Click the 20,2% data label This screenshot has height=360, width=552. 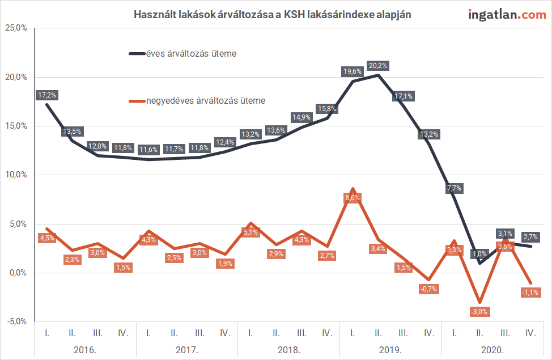pyautogui.click(x=377, y=66)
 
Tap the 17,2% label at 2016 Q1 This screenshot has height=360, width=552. pyautogui.click(x=46, y=95)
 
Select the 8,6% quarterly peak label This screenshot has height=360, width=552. pyautogui.click(x=353, y=197)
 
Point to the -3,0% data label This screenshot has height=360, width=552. pyautogui.click(x=479, y=311)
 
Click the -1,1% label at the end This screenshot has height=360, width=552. pyautogui.click(x=530, y=292)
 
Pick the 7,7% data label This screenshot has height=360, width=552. pyautogui.click(x=454, y=188)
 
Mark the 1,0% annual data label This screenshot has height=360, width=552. pyautogui.click(x=479, y=255)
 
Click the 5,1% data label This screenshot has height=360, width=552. pyautogui.click(x=250, y=232)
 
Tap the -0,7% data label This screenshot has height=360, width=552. pyautogui.click(x=428, y=289)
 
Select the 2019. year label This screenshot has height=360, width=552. pyautogui.click(x=390, y=349)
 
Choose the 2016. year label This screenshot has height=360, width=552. pyautogui.click(x=85, y=349)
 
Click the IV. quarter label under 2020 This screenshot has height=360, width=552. pyautogui.click(x=531, y=333)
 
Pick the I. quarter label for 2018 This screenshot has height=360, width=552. pyautogui.click(x=250, y=333)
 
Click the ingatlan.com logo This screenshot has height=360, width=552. pyautogui.click(x=507, y=15)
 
